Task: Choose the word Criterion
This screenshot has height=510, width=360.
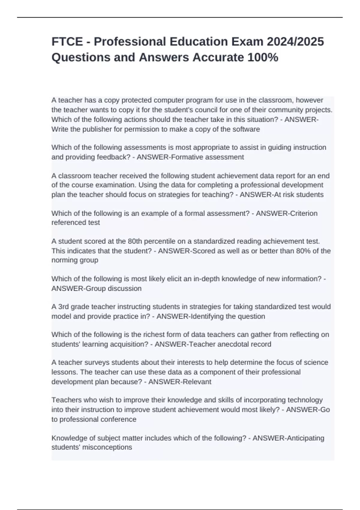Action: tap(302, 213)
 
